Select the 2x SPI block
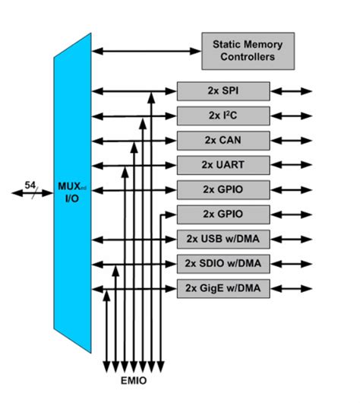click(223, 91)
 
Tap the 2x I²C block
click(223, 116)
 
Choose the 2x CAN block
click(223, 141)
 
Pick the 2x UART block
click(223, 165)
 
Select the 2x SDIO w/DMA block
click(223, 264)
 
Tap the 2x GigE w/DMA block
click(223, 289)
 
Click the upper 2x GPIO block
click(223, 189)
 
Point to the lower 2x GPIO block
click(223, 214)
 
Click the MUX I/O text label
click(71, 192)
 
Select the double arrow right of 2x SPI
click(292, 91)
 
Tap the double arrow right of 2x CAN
click(292, 141)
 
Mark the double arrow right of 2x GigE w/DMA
click(292, 289)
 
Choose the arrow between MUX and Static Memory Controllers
click(146, 50)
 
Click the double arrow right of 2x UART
click(292, 165)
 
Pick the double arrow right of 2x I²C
click(292, 116)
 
